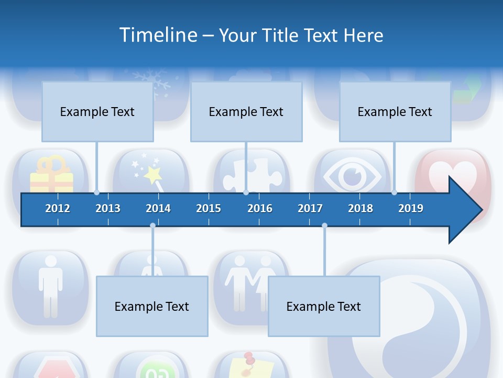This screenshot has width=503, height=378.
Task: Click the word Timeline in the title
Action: pos(158,35)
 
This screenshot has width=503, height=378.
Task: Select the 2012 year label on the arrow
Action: pos(58,208)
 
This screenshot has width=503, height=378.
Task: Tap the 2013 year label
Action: pos(108,208)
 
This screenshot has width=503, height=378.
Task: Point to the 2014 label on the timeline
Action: pos(158,208)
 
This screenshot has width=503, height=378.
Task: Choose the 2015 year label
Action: pos(209,208)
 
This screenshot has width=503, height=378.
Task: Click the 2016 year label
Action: pos(260,208)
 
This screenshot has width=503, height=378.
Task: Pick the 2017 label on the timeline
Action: pos(310,208)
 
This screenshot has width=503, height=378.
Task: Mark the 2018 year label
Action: pos(360,208)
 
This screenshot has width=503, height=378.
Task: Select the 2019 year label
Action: pos(411,208)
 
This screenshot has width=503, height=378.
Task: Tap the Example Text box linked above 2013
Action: pos(97,112)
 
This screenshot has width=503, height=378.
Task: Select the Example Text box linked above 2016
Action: pos(246,112)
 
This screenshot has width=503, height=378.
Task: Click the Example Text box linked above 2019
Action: pos(395,112)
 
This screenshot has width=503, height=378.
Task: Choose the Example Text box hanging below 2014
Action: pos(152,307)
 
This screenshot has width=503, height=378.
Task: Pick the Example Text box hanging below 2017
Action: pos(324,307)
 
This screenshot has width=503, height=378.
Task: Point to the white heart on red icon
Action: pos(454,175)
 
